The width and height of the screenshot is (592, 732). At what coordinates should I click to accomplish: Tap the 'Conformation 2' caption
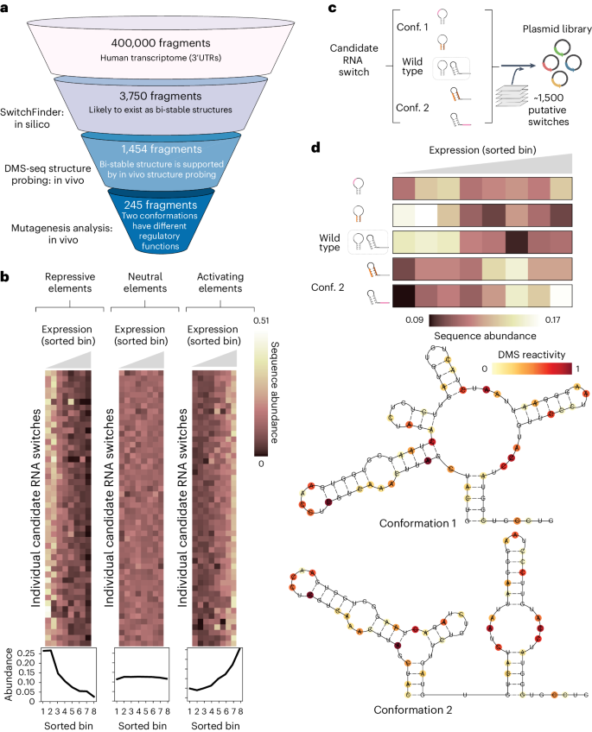click(x=408, y=710)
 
